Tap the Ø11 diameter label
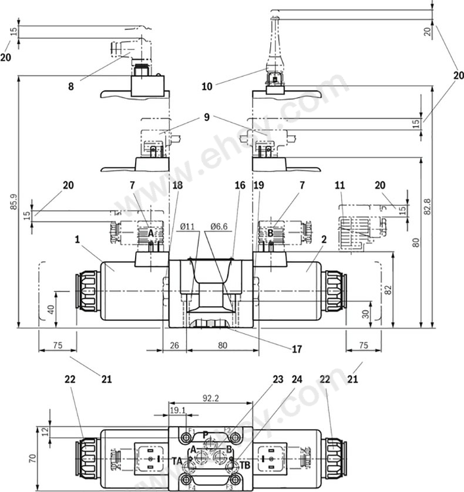point(187,226)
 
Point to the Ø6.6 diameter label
point(218,226)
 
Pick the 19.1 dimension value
point(177,410)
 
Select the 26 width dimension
point(174,346)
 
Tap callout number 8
point(71,86)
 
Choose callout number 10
point(207,86)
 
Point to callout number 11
point(339,186)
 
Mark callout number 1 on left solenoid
point(77,239)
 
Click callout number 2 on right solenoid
point(324,239)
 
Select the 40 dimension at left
point(52,308)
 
